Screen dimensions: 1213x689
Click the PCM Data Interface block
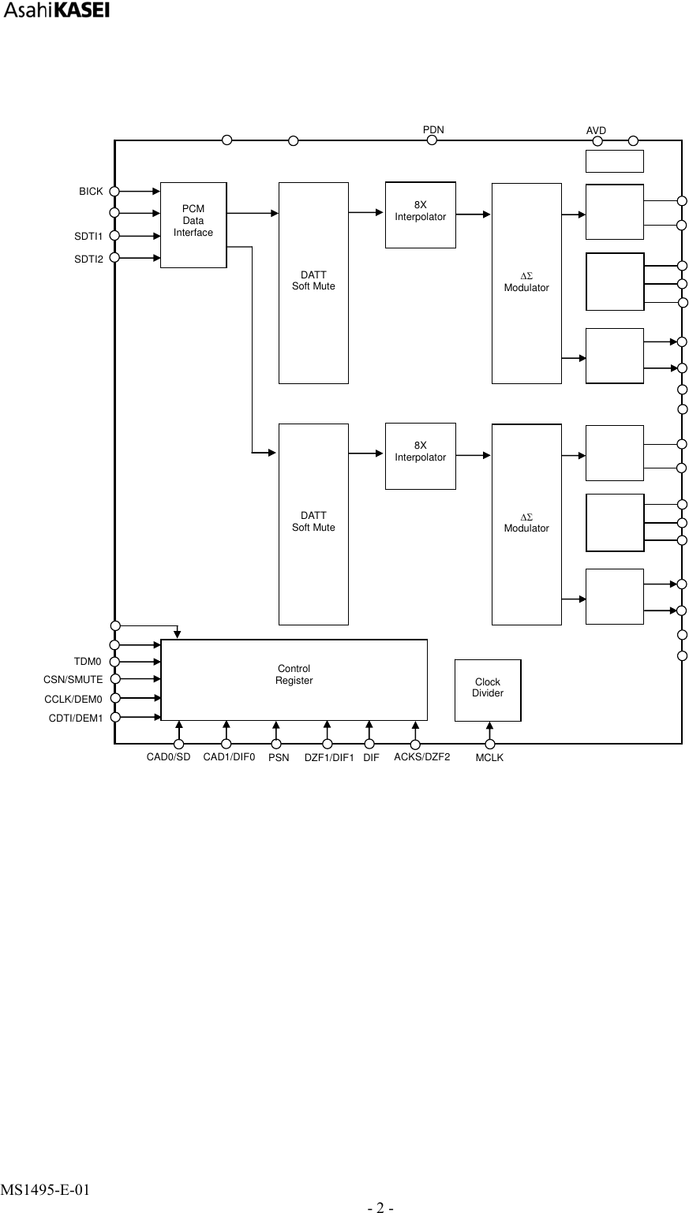tap(193, 225)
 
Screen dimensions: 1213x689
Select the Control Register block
tap(294, 679)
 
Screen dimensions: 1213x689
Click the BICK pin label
tap(91, 192)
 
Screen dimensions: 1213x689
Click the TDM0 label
tap(88, 661)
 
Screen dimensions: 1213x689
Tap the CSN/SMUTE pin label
tap(73, 679)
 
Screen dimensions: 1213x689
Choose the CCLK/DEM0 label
tap(73, 699)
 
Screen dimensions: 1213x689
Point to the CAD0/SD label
tap(168, 758)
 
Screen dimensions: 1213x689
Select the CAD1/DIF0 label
tap(229, 758)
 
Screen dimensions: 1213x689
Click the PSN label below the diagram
tap(279, 759)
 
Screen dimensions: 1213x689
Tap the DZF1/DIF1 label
tap(329, 759)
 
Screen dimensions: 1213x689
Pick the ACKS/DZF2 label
tap(421, 758)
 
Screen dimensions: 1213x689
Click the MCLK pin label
tap(489, 759)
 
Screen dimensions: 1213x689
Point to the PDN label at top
tap(433, 129)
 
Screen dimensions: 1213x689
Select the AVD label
tap(596, 129)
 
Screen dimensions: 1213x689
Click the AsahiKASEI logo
tap(56, 11)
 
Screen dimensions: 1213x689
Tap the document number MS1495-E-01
tap(44, 1189)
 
